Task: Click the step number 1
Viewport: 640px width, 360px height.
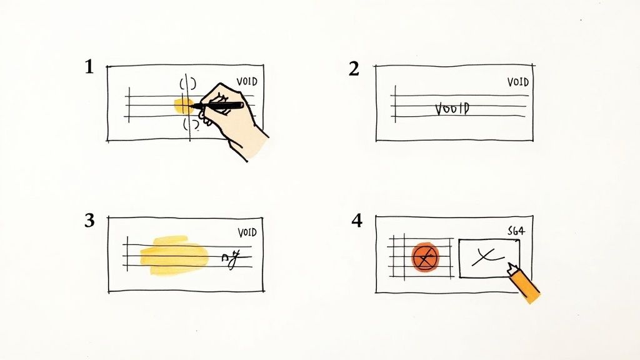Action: [x=89, y=67]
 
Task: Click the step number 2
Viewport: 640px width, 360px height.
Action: [x=354, y=69]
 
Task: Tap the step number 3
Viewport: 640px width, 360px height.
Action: [x=89, y=220]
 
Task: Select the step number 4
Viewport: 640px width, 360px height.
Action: [x=356, y=221]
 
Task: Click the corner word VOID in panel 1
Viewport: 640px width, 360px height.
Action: [x=247, y=82]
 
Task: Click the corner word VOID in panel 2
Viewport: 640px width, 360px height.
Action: [x=517, y=82]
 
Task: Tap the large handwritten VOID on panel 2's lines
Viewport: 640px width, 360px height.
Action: [x=451, y=109]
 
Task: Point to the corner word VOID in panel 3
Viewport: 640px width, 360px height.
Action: [x=247, y=232]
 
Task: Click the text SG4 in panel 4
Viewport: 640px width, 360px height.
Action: [x=516, y=231]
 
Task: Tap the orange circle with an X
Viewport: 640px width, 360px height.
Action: [x=425, y=257]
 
